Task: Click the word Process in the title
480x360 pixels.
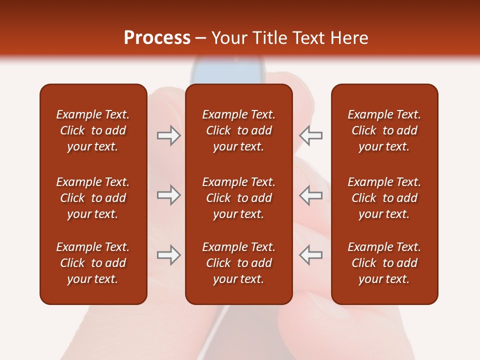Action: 157,38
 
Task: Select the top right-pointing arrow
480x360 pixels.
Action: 168,135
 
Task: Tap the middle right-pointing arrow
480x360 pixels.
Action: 168,195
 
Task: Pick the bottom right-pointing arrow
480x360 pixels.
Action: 168,255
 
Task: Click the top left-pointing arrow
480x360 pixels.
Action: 311,135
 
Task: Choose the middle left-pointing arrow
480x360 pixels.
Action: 311,195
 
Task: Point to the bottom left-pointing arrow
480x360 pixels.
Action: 311,255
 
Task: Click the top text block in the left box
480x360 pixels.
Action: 93,130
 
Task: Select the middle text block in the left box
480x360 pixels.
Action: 93,198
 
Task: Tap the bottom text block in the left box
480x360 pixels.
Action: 93,263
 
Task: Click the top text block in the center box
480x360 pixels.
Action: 238,130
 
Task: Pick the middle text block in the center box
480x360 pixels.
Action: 238,198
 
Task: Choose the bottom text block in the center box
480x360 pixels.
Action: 238,263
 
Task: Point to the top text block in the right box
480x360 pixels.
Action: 384,130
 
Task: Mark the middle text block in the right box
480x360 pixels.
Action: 384,198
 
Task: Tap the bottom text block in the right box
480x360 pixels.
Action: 384,263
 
